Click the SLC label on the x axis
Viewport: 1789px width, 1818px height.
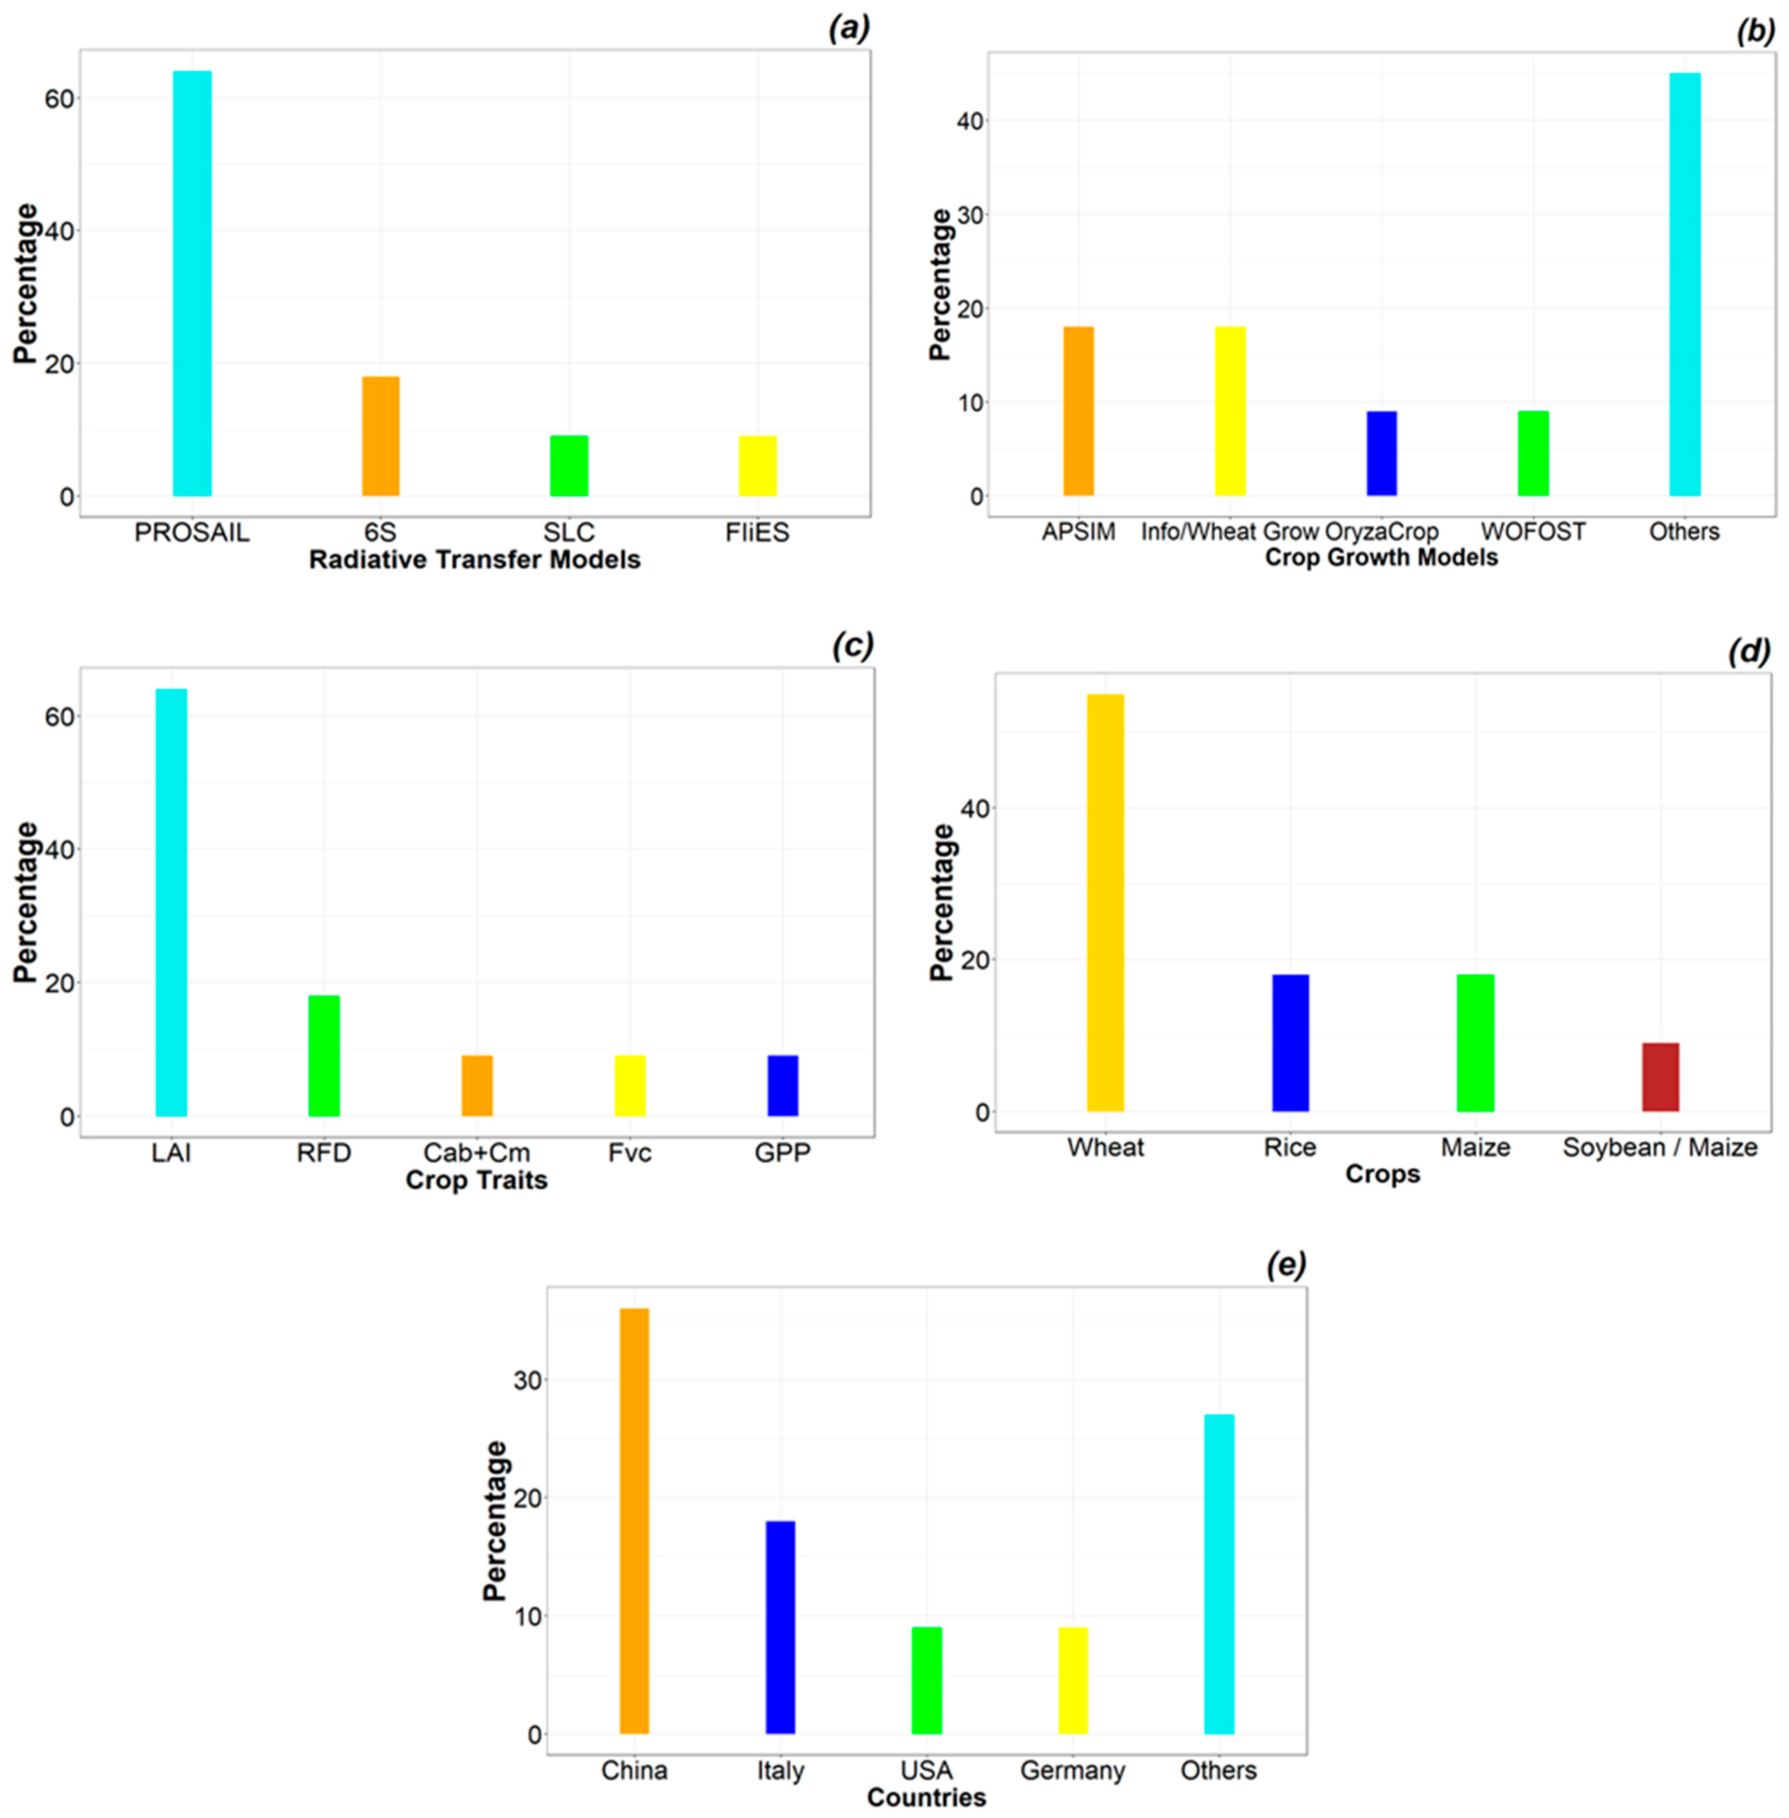pos(568,533)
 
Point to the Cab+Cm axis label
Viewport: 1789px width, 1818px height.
pos(476,1153)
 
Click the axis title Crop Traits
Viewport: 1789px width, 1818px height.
pos(476,1180)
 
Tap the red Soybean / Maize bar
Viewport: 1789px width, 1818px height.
pos(1660,1077)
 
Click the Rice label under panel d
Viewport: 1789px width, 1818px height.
pos(1290,1147)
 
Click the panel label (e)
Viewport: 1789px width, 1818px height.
pos(1287,1266)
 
